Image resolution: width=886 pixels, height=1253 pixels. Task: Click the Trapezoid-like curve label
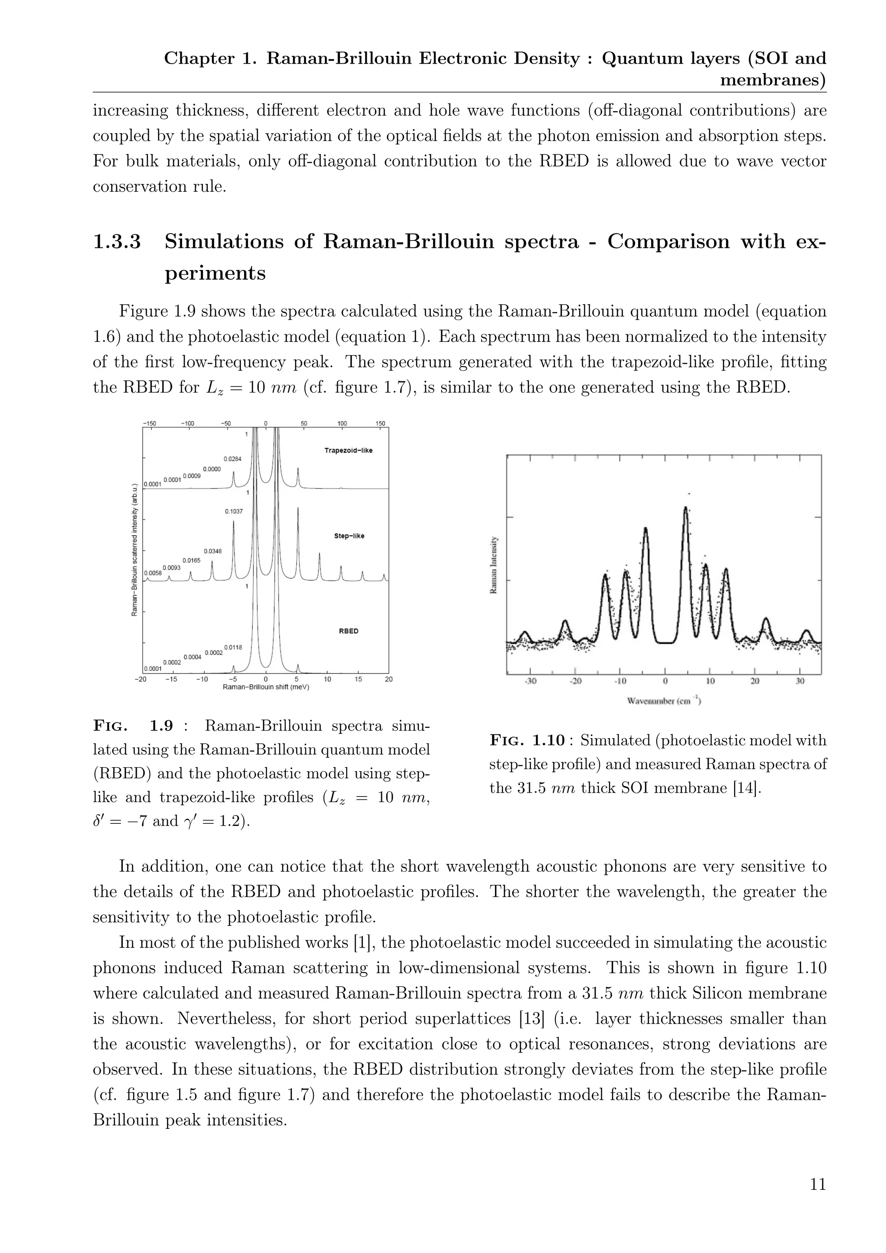pyautogui.click(x=348, y=450)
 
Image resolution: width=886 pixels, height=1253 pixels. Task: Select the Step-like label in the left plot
pyautogui.click(x=349, y=536)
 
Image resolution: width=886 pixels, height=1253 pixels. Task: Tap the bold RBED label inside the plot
pyautogui.click(x=349, y=631)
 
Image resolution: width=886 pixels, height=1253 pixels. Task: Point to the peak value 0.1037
pyautogui.click(x=234, y=511)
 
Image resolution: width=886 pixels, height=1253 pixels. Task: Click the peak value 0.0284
pyautogui.click(x=232, y=459)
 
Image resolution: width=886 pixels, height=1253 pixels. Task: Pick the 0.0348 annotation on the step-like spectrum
pyautogui.click(x=213, y=551)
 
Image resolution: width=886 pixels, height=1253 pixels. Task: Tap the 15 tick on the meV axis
pyautogui.click(x=359, y=679)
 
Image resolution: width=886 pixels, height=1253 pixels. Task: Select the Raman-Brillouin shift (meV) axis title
pyautogui.click(x=266, y=687)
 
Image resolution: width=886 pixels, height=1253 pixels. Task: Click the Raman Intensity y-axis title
pyautogui.click(x=493, y=565)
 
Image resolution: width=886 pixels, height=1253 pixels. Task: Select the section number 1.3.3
pyautogui.click(x=117, y=242)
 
